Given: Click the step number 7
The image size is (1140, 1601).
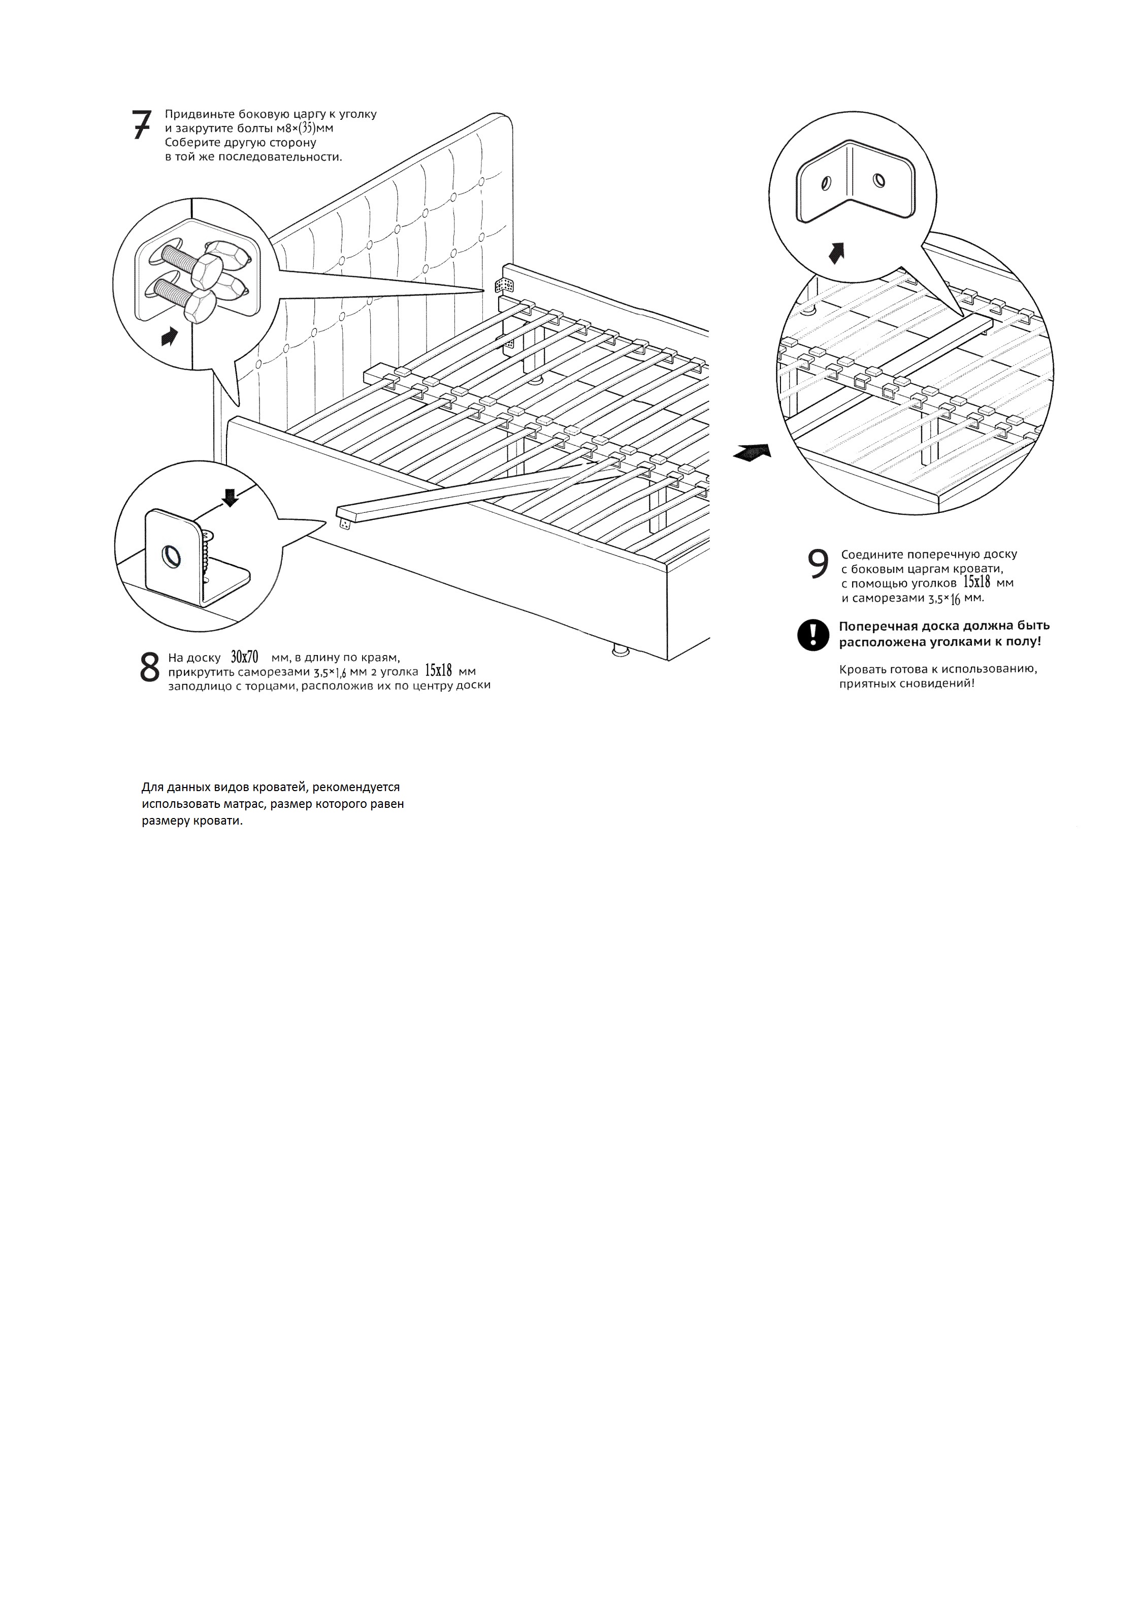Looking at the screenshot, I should point(141,125).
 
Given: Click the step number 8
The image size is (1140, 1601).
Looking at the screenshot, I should point(149,668).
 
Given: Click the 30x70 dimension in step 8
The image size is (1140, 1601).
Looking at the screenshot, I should point(244,658).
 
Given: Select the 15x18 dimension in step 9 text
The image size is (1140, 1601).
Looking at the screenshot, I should point(976,582).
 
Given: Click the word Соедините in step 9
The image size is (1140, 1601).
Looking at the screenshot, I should point(869,554).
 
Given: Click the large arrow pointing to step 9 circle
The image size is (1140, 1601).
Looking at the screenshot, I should point(752,453).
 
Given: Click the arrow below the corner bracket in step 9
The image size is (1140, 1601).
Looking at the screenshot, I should point(835,253).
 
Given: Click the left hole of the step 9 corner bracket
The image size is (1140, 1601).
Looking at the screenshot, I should point(825,184).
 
